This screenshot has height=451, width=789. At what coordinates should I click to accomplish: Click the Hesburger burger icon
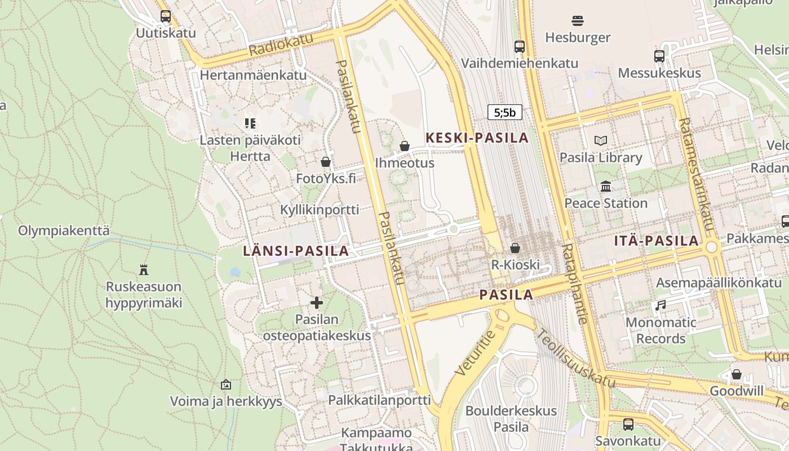click(577, 21)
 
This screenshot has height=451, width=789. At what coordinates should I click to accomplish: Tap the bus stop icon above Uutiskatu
click(165, 16)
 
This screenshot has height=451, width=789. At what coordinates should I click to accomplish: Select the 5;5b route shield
click(504, 112)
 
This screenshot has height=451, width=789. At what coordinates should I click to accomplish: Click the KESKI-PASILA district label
click(477, 138)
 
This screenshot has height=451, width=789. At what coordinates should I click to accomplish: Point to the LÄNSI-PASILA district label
click(296, 251)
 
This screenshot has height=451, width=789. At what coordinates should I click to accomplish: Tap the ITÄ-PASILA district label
click(656, 241)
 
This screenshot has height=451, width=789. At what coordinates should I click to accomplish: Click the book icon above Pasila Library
click(601, 141)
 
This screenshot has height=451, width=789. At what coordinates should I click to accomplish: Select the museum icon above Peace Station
click(606, 186)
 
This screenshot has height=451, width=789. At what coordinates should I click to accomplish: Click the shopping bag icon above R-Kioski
click(515, 248)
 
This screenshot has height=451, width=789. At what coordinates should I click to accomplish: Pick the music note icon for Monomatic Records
click(661, 306)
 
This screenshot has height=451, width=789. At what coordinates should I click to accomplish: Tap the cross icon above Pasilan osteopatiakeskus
click(317, 303)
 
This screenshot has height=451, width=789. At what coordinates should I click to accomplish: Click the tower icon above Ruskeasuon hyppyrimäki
click(144, 270)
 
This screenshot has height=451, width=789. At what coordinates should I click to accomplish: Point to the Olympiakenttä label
click(64, 231)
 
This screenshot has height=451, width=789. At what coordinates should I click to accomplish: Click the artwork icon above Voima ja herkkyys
click(226, 385)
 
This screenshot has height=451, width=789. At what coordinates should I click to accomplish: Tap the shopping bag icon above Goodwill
click(736, 374)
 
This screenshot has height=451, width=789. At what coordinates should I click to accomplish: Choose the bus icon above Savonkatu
click(628, 424)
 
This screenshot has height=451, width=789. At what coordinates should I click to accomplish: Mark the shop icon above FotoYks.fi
click(326, 162)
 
